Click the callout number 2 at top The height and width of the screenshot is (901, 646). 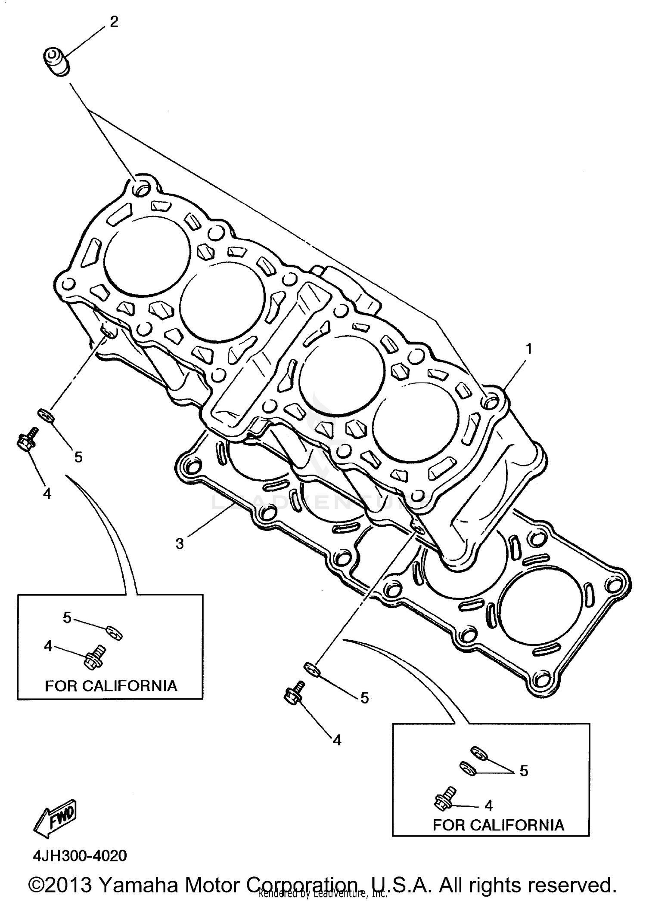(x=114, y=22)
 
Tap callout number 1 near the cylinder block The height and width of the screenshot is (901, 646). (x=529, y=349)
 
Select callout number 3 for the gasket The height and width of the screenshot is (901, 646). (x=180, y=543)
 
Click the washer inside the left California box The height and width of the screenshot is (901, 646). (x=115, y=633)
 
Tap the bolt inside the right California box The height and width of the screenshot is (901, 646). (x=444, y=798)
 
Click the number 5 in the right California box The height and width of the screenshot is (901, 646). (x=524, y=771)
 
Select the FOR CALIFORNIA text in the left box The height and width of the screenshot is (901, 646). (x=111, y=685)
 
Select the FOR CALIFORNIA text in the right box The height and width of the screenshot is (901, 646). (x=498, y=825)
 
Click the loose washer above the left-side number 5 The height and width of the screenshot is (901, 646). (x=46, y=415)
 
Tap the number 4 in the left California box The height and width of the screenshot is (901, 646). (x=48, y=645)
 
